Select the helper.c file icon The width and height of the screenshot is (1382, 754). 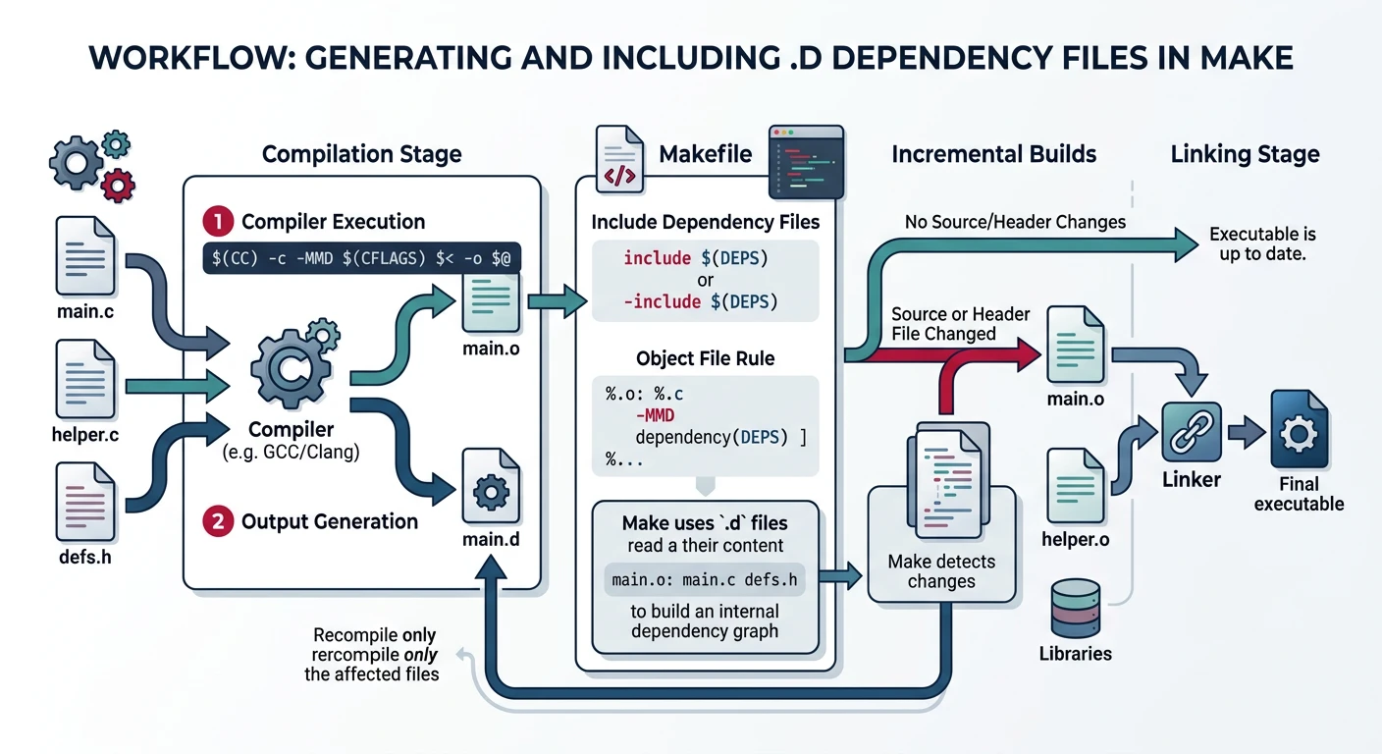click(x=86, y=376)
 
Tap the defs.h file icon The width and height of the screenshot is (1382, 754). click(x=86, y=501)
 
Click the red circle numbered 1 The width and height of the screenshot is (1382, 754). click(x=216, y=221)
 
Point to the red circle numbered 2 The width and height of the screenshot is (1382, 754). click(x=216, y=521)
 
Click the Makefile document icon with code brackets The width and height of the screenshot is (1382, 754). click(x=618, y=156)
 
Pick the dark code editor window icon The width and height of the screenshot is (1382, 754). click(x=805, y=162)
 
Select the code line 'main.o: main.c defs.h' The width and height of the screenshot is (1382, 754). click(x=705, y=579)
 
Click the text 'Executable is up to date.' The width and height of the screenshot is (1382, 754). click(x=1262, y=243)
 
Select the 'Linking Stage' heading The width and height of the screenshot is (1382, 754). click(x=1245, y=154)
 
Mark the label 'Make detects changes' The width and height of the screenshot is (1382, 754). click(x=940, y=571)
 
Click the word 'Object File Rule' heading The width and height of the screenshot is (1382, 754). click(x=705, y=358)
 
